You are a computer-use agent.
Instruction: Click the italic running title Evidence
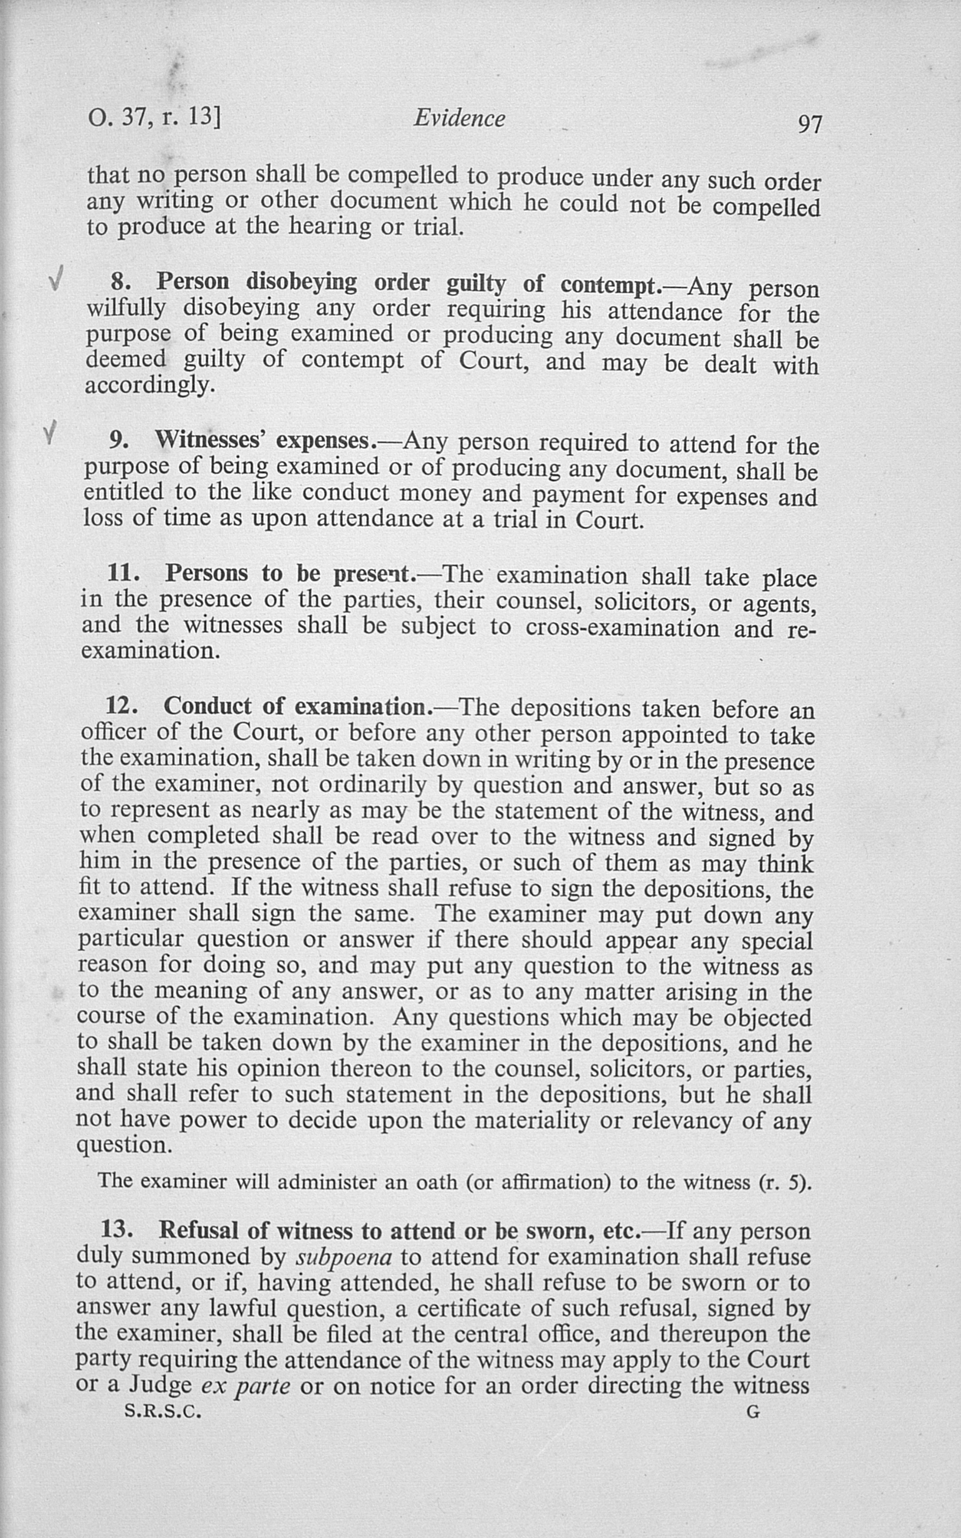pos(459,118)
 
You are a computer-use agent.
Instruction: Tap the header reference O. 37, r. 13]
pos(154,118)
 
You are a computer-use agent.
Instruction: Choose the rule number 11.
pos(123,573)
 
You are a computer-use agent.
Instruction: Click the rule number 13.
pos(117,1229)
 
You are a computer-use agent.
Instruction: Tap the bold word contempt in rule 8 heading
pos(609,284)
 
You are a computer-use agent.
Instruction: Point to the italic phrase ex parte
pos(245,1384)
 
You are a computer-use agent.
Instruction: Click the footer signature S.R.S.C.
pos(163,1412)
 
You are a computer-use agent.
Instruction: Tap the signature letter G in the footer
pos(752,1412)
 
